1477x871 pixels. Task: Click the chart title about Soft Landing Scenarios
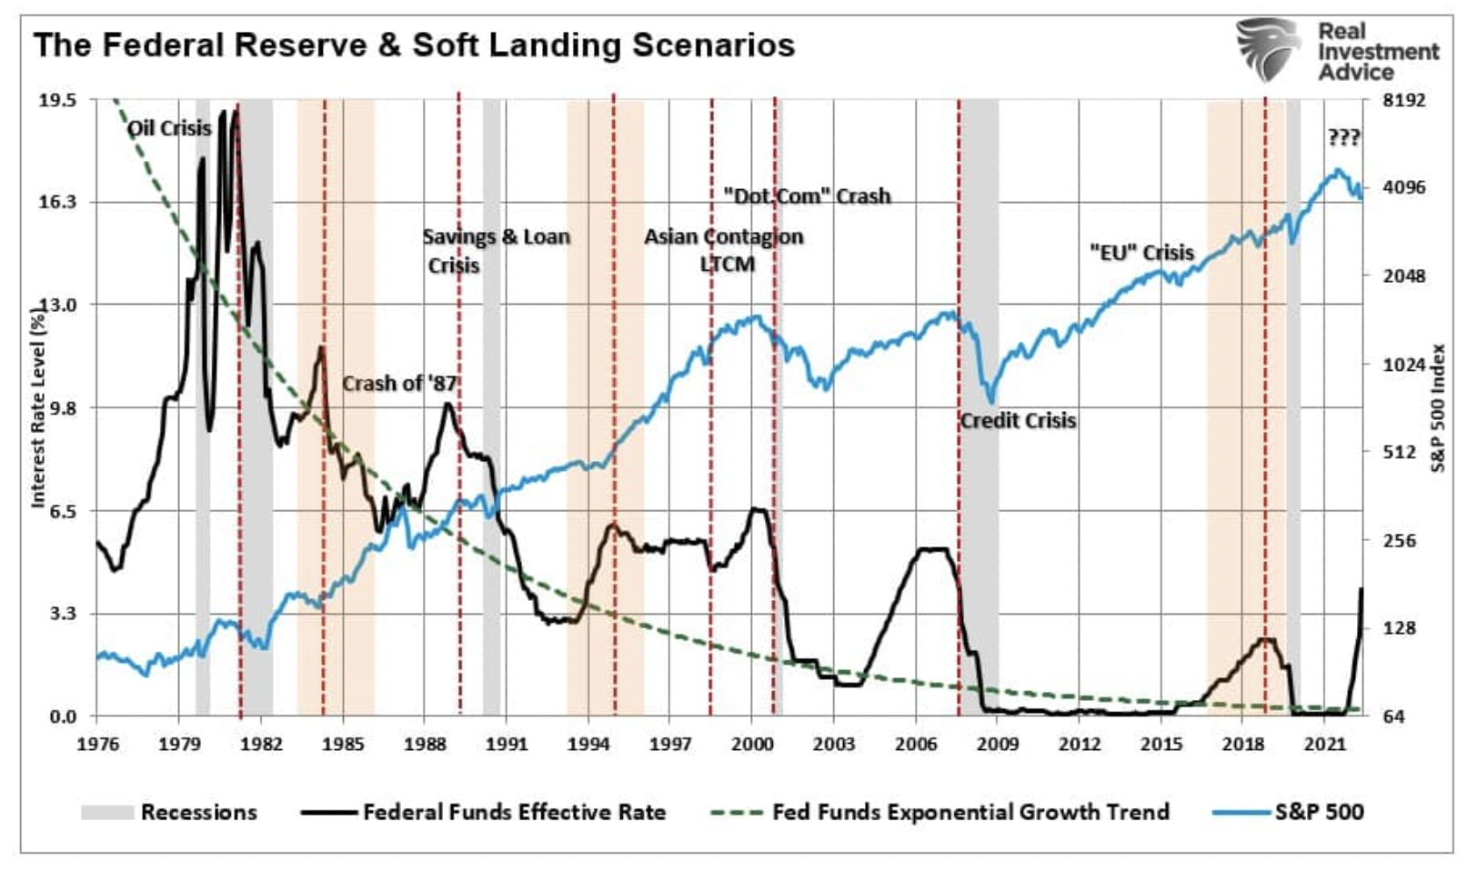(x=414, y=45)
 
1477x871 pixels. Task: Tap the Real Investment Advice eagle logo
(x=1268, y=49)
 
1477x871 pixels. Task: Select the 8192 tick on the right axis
(x=1404, y=99)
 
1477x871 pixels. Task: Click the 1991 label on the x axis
(x=506, y=744)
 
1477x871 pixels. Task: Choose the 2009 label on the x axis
(x=997, y=744)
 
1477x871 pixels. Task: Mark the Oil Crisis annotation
(x=169, y=128)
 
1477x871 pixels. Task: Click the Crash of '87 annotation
(x=398, y=384)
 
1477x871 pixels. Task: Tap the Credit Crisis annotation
(x=1018, y=421)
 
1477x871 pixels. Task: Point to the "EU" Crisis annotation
(x=1141, y=253)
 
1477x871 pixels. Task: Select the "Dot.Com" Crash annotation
(x=807, y=196)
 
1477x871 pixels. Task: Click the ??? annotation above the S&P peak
(x=1343, y=138)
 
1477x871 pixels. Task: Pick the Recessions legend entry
(x=198, y=812)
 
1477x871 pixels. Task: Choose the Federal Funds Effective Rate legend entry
(x=514, y=812)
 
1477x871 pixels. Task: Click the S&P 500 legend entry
(x=1319, y=812)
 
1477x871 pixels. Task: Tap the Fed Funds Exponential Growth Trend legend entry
(x=970, y=812)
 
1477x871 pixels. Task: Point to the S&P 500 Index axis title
(x=1439, y=407)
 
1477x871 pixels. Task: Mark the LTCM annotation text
(x=727, y=265)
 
